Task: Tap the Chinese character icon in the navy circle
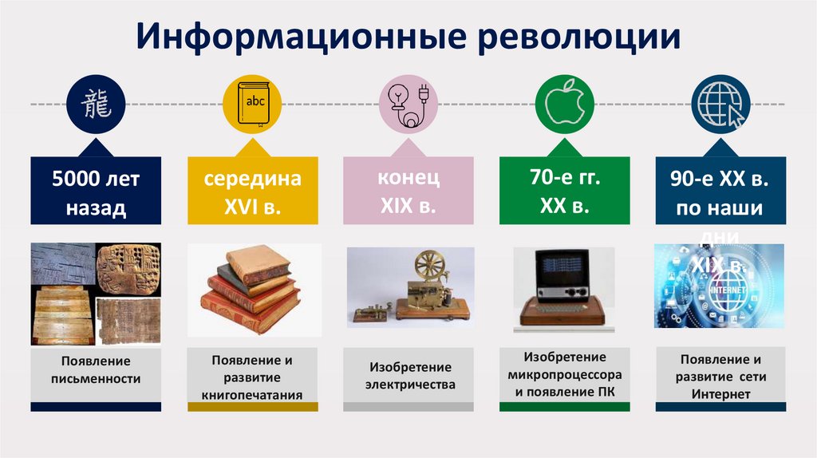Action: click(x=97, y=105)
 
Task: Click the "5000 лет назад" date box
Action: click(x=96, y=192)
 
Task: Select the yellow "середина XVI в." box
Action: click(x=252, y=192)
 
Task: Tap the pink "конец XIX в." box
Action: click(x=408, y=191)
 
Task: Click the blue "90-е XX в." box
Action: click(x=720, y=192)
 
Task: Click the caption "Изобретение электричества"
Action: click(x=409, y=375)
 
